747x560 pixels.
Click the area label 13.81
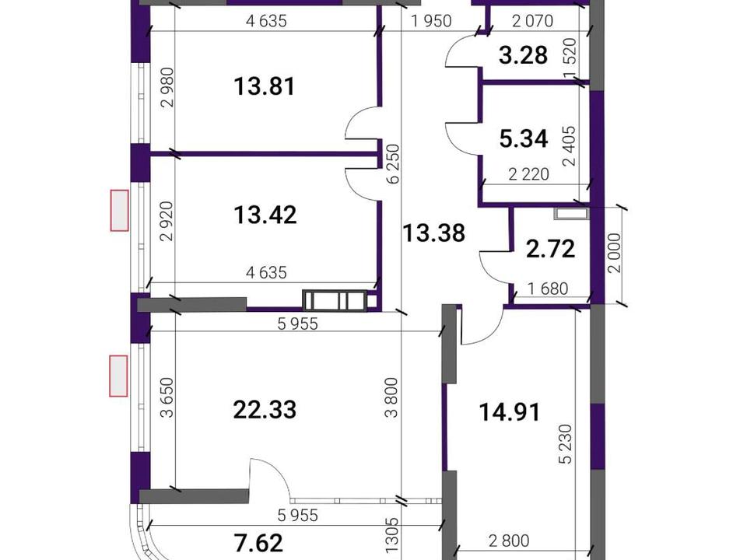(x=265, y=86)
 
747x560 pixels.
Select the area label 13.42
(x=265, y=215)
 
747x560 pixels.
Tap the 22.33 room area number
(x=265, y=410)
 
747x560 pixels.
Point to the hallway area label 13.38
(x=433, y=233)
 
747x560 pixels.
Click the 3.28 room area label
(x=523, y=55)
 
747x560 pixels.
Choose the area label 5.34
(x=524, y=139)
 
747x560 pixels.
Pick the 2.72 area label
(x=550, y=249)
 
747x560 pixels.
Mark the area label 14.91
(x=510, y=412)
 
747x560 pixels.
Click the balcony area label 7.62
(x=259, y=543)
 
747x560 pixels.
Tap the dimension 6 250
(x=394, y=164)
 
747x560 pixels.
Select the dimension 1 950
(x=431, y=22)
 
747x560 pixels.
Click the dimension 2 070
(x=532, y=21)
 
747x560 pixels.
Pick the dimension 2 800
(x=509, y=541)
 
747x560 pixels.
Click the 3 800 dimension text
(x=391, y=397)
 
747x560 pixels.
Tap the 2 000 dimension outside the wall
(x=615, y=252)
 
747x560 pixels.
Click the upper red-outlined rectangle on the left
(x=120, y=211)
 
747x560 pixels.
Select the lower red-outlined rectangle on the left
(x=118, y=376)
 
